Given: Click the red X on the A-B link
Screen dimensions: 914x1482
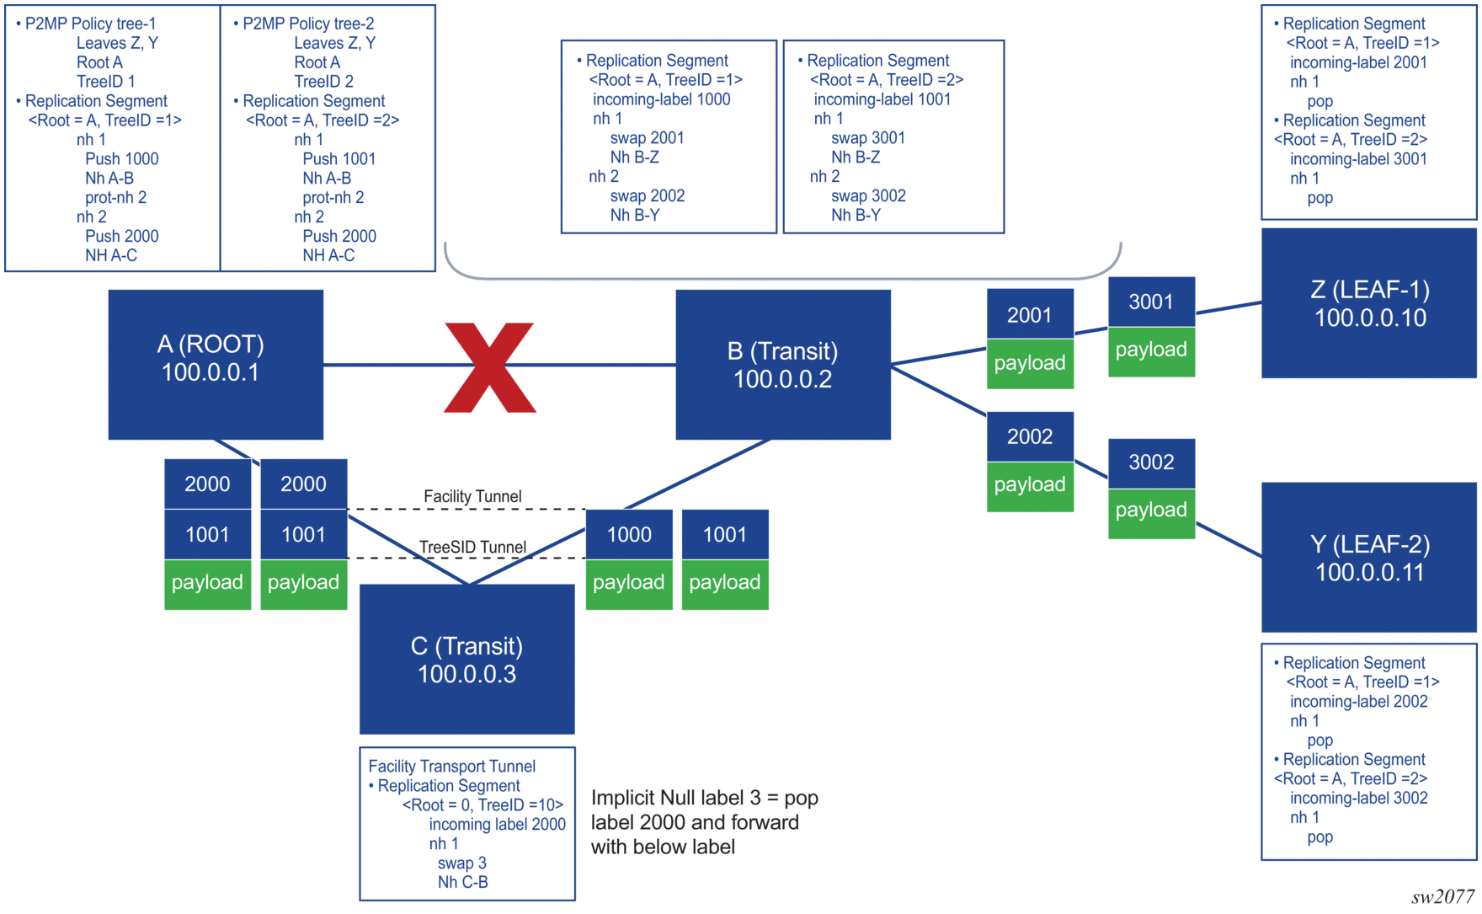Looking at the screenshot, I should (x=489, y=367).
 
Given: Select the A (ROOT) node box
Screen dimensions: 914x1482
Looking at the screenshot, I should (x=216, y=364).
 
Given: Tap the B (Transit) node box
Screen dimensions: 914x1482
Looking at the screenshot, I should (x=782, y=364).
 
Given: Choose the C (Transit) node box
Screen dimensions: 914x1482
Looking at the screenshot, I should (x=466, y=659).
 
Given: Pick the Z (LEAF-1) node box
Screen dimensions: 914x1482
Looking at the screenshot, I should (x=1369, y=303).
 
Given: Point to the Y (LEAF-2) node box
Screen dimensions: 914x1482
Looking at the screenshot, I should (x=1369, y=557).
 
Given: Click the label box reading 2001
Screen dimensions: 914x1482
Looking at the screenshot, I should (x=1030, y=315).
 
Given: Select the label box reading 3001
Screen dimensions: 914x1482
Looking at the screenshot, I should (x=1151, y=302).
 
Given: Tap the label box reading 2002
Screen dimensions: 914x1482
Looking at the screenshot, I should (x=1030, y=436).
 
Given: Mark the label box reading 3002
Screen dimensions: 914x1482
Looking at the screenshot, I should (x=1151, y=462).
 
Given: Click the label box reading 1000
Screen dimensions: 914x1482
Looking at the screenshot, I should (x=629, y=534).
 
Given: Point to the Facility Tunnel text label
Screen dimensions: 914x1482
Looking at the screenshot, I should (x=472, y=497).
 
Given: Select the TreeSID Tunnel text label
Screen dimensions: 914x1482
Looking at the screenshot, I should (x=472, y=548).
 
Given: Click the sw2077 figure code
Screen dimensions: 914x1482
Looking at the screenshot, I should (x=1442, y=896).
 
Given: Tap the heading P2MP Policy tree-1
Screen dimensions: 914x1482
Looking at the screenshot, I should (x=90, y=24).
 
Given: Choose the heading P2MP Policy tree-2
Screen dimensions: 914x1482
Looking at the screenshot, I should (x=308, y=24).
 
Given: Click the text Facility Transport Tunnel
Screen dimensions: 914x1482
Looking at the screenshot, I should (x=451, y=767).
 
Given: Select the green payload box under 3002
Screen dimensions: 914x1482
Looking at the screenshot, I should (x=1151, y=510).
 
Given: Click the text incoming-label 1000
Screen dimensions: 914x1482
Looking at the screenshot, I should (x=661, y=99).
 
